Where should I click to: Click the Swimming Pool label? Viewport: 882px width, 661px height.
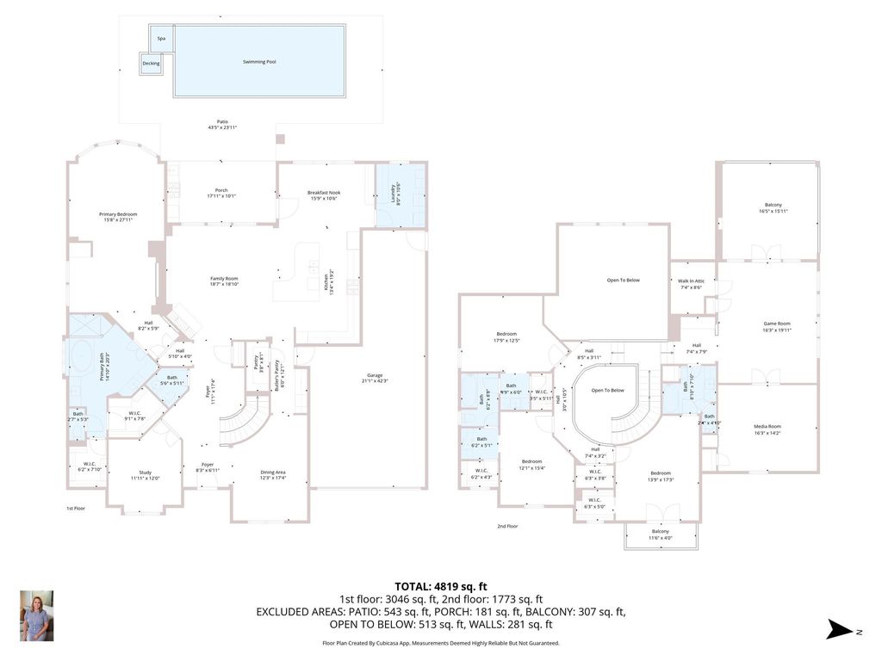point(259,62)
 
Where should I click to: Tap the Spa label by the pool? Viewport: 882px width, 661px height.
point(161,39)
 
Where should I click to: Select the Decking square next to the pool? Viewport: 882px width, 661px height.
point(151,64)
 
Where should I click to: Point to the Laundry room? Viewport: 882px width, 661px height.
point(401,195)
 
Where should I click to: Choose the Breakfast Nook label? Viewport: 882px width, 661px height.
point(321,195)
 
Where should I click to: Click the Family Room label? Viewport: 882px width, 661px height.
point(224,281)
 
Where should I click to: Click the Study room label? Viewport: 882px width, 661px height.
point(146,474)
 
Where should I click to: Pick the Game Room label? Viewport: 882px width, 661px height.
point(777,326)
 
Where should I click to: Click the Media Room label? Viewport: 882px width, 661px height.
point(767,429)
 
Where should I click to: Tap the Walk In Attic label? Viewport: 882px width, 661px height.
point(692,284)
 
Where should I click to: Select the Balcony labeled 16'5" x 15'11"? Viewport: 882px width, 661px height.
point(768,208)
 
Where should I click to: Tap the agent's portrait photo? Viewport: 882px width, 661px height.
point(36,615)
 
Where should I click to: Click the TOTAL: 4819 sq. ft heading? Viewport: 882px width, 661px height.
point(440,585)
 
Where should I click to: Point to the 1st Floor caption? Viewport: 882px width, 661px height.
point(76,509)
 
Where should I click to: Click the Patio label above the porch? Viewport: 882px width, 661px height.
point(222,124)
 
